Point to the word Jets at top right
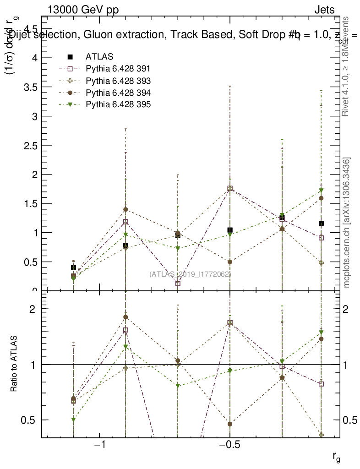[x=324, y=10]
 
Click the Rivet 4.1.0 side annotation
[x=347, y=66]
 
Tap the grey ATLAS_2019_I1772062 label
[x=190, y=274]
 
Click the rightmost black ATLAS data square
[x=322, y=223]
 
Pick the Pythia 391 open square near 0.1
[x=178, y=283]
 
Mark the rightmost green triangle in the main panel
[x=322, y=191]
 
